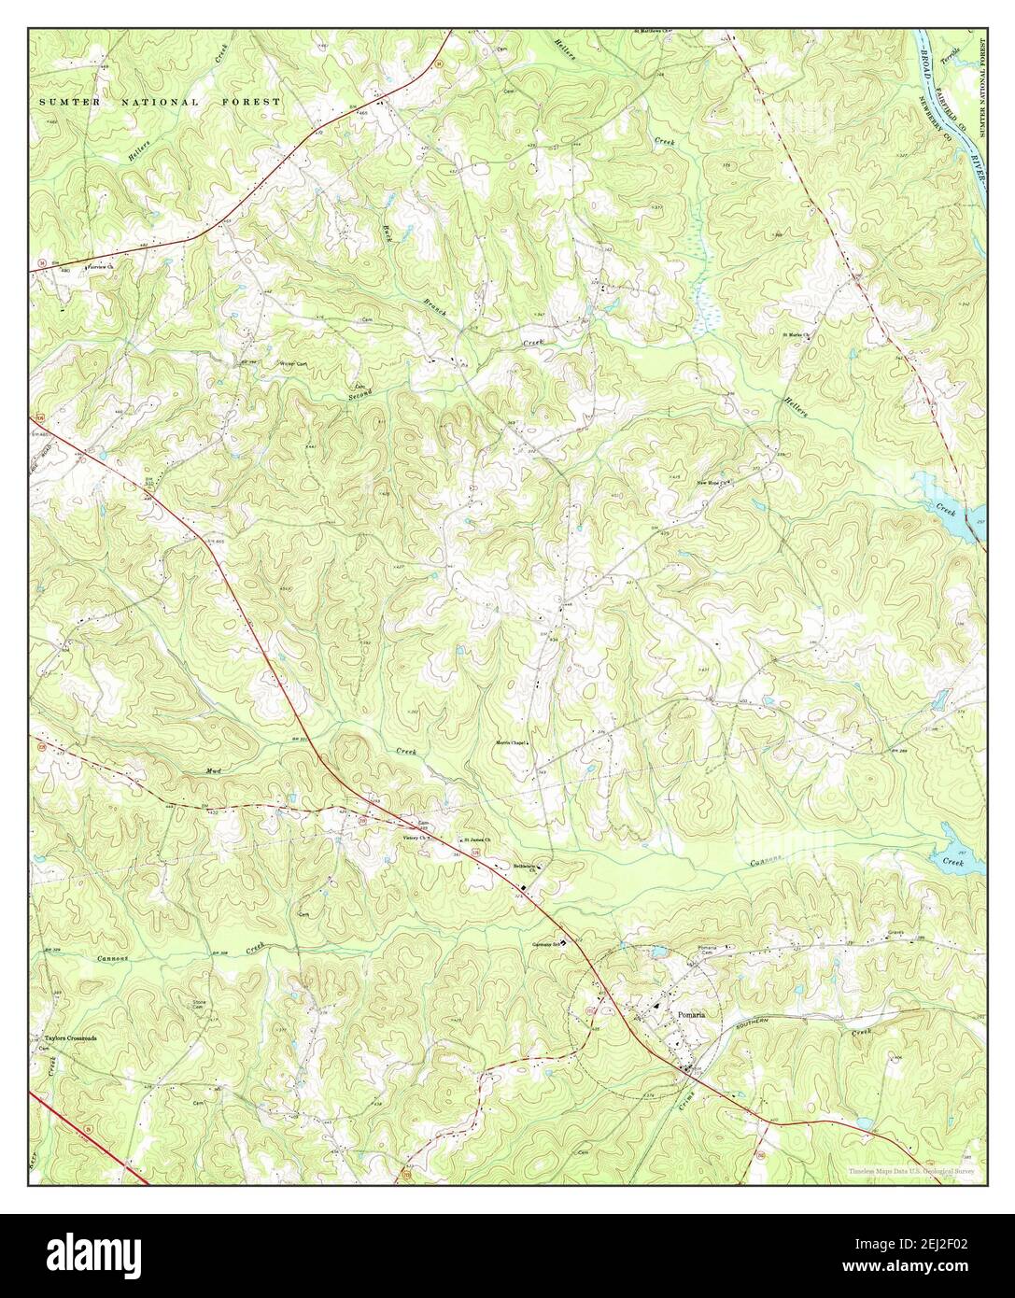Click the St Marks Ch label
(798, 333)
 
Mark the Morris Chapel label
(512, 743)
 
